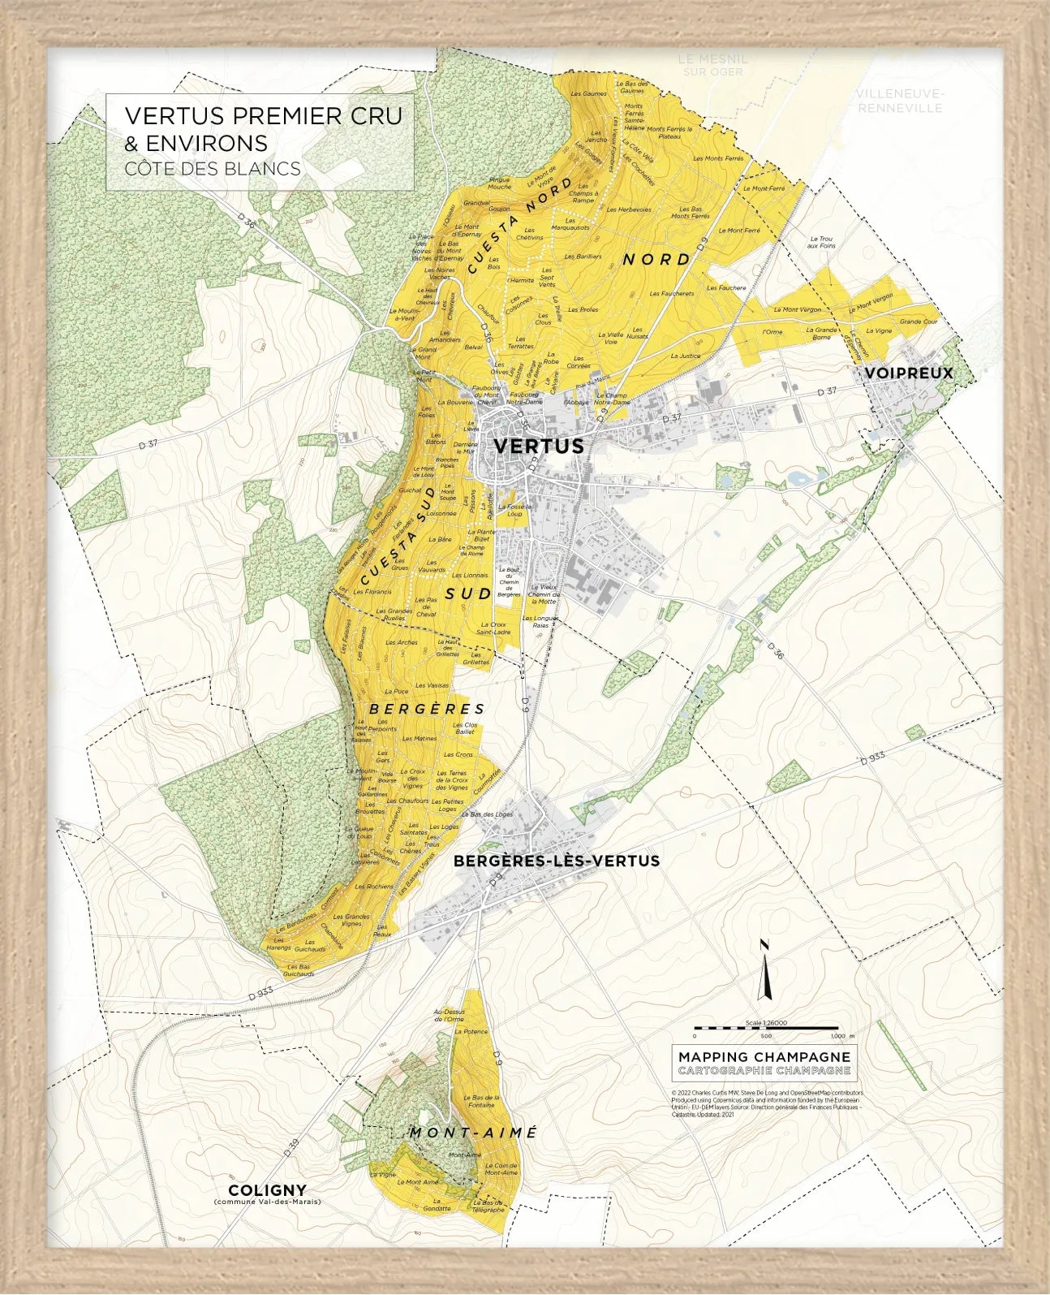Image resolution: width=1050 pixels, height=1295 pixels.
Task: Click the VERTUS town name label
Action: tap(539, 446)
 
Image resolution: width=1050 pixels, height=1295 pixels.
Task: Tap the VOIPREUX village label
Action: tap(908, 373)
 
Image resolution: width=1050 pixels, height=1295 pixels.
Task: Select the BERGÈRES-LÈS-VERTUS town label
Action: tap(557, 861)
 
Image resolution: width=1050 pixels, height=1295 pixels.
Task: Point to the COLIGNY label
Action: tap(267, 1190)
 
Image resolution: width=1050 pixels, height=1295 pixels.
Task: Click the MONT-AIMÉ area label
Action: tap(473, 1133)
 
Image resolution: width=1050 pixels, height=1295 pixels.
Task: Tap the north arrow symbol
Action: tap(764, 971)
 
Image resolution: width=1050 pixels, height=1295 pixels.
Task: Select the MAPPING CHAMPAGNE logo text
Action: tap(764, 1056)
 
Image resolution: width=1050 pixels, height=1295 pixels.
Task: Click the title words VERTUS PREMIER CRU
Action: tap(263, 116)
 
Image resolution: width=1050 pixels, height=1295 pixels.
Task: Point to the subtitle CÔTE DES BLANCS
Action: tap(213, 169)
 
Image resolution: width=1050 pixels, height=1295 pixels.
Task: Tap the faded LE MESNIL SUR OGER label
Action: tap(712, 65)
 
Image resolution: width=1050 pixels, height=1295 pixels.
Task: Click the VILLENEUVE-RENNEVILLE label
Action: tap(900, 101)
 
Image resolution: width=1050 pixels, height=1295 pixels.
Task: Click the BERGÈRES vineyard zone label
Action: tap(427, 709)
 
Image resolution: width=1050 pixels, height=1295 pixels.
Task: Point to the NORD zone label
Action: tap(656, 259)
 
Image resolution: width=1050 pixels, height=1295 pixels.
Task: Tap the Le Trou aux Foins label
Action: tap(821, 242)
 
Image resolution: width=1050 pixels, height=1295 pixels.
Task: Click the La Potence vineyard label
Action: tap(471, 1031)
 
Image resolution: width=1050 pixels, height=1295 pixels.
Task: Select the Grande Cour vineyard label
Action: tap(918, 322)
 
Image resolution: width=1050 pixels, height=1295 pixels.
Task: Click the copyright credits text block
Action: tap(767, 1103)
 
